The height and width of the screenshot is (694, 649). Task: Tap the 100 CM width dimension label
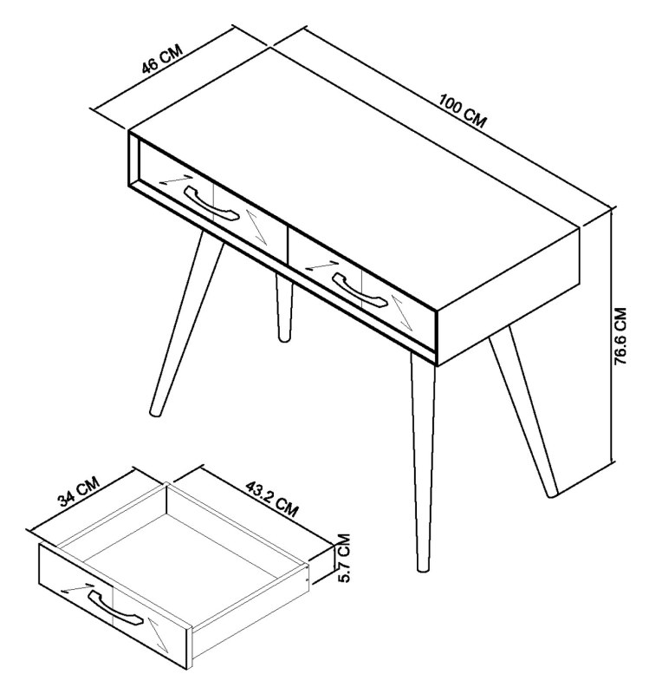tap(461, 114)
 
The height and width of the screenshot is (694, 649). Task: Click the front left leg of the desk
tap(185, 325)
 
